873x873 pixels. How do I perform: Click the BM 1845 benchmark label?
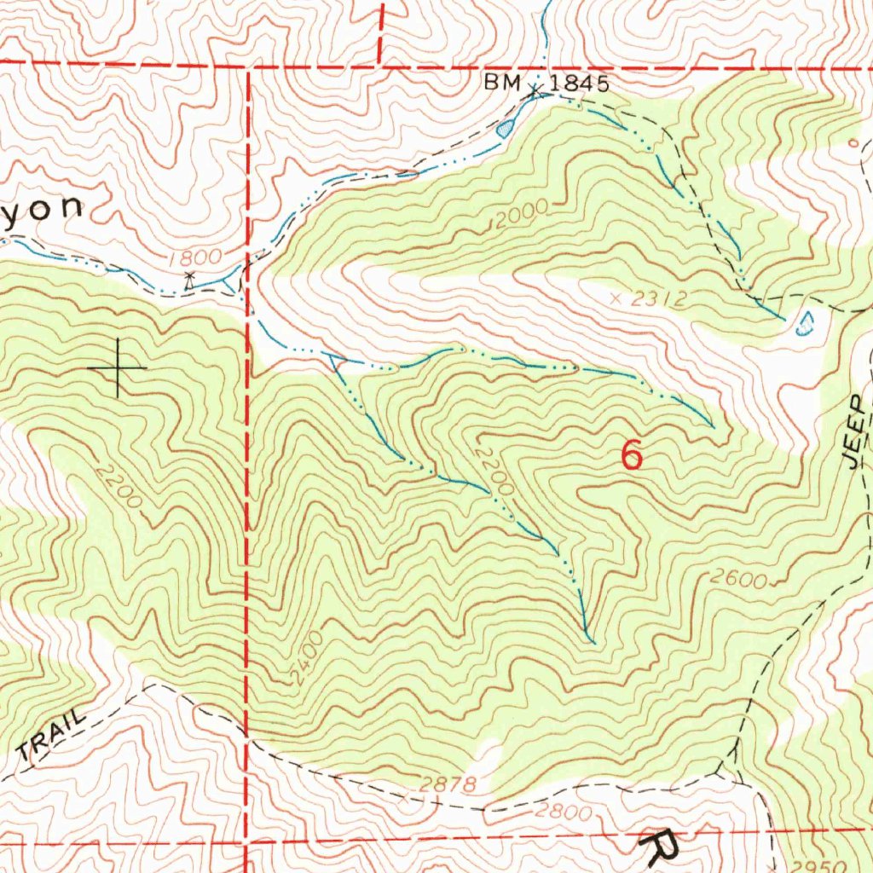coord(546,83)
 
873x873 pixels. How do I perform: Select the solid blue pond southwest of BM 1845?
coord(506,128)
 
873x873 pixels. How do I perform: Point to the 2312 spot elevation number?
coord(659,298)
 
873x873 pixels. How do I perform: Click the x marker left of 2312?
coord(617,298)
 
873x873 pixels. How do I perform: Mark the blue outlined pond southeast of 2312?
coord(804,323)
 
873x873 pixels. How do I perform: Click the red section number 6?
coord(632,454)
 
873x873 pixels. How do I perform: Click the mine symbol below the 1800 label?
coord(190,277)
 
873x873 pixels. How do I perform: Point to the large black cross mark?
coord(118,368)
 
